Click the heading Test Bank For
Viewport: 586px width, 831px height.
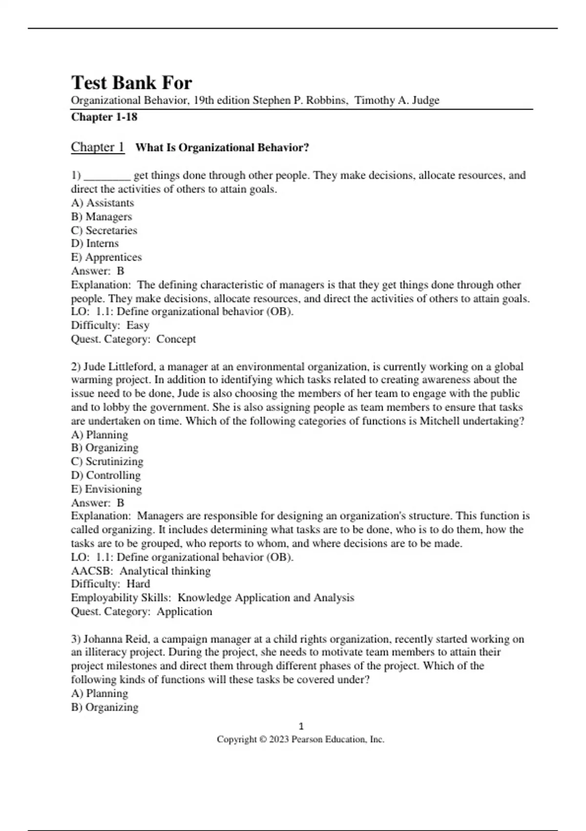click(x=131, y=83)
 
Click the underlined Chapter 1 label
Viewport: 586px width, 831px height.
click(x=98, y=147)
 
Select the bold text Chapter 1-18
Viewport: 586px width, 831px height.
click(x=104, y=117)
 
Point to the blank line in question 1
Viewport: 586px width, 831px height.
click(x=107, y=176)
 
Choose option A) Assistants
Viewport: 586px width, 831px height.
click(x=103, y=203)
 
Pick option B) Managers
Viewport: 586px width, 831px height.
click(x=102, y=217)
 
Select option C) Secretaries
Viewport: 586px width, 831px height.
click(x=104, y=230)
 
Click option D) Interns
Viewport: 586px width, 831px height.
click(x=95, y=243)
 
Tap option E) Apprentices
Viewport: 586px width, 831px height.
click(x=106, y=257)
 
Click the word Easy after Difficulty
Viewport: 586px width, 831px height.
click(x=138, y=325)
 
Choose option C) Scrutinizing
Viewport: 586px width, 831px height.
click(x=107, y=461)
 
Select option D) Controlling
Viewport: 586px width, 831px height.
click(x=105, y=475)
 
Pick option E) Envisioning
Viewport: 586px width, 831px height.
click(x=106, y=489)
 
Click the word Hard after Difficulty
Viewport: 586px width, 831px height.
click(x=138, y=584)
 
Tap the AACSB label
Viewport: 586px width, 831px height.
click(x=91, y=570)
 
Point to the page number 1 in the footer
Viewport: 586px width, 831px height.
click(x=301, y=726)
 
